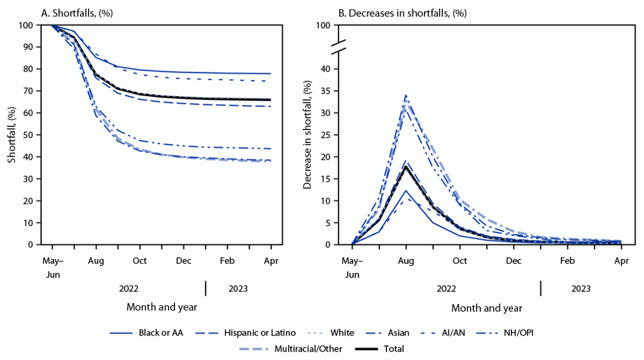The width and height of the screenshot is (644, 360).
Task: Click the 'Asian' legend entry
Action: (398, 333)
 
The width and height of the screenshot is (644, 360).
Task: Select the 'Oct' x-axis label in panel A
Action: (140, 261)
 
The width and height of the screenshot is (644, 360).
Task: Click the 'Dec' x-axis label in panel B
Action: (514, 261)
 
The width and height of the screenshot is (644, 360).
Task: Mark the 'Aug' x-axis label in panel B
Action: (406, 261)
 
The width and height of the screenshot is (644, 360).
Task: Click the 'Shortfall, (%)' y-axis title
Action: (12, 135)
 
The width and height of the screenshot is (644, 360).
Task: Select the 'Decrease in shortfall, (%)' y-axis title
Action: (308, 135)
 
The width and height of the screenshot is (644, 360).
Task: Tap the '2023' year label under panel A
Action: (238, 288)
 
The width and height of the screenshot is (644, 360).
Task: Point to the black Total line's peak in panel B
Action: (406, 166)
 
